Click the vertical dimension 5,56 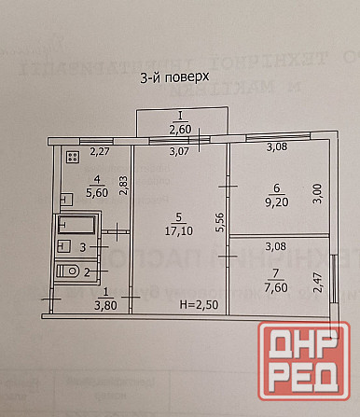click(x=219, y=221)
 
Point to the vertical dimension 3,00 click(x=319, y=193)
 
